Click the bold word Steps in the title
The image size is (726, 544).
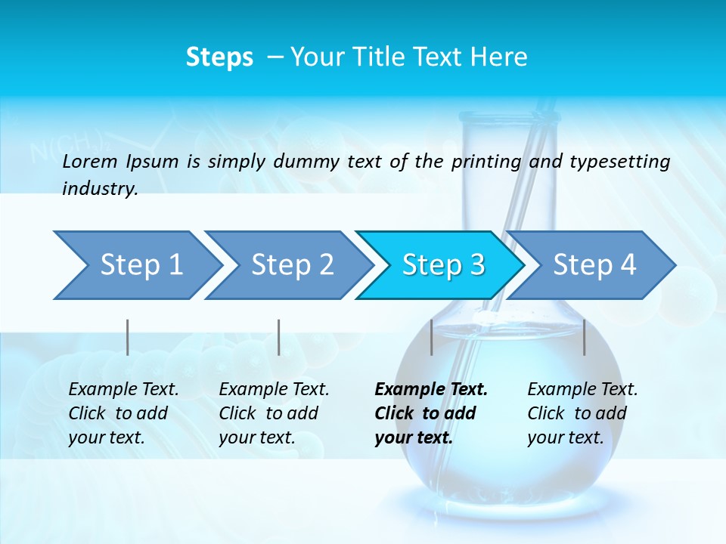coord(219,57)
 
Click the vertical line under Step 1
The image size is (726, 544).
coord(128,337)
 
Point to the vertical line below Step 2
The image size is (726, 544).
coord(279,337)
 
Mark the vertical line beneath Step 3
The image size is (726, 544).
coord(431,337)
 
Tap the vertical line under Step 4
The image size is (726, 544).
coord(585,337)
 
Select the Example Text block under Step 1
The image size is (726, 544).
coord(123,413)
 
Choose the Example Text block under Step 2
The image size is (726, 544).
coord(273,413)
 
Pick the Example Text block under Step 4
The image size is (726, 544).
coord(582,413)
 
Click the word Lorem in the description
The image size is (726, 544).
coord(90,161)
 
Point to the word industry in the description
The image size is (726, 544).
coord(99,188)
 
